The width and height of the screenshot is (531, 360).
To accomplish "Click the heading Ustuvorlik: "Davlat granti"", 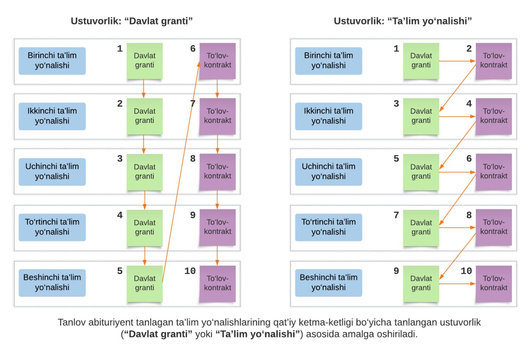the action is [x=132, y=21].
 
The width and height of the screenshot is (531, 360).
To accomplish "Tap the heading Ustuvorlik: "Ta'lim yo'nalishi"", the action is [x=402, y=21].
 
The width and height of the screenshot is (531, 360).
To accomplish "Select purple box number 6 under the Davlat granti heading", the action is [x=218, y=61].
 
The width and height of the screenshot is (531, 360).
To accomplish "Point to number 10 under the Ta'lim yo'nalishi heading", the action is [x=466, y=271].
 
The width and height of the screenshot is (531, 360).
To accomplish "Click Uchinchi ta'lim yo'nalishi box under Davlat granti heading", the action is [x=52, y=171].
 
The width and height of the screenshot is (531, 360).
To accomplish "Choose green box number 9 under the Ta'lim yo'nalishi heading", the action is [x=421, y=283].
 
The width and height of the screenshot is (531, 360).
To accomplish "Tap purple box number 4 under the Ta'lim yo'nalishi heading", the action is [x=494, y=116].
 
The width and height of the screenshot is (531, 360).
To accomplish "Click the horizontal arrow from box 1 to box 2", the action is [x=457, y=61].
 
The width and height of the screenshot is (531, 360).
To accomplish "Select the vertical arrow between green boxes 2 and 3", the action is [x=144, y=144].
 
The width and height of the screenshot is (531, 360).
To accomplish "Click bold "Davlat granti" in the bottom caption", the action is [x=158, y=334].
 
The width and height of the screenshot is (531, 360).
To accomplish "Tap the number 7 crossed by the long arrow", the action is [x=193, y=103].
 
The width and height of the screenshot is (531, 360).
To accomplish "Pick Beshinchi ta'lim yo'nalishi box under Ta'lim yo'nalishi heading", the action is [x=329, y=283].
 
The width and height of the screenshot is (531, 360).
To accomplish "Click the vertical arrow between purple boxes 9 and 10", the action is [x=217, y=255].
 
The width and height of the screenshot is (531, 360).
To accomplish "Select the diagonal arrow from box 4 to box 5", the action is [x=458, y=145].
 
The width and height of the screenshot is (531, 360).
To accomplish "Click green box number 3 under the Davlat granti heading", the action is [x=145, y=172].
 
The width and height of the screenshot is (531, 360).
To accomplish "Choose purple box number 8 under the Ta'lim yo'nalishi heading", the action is [x=494, y=227].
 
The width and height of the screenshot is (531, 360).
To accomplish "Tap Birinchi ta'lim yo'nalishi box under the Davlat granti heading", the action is [x=52, y=61].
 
